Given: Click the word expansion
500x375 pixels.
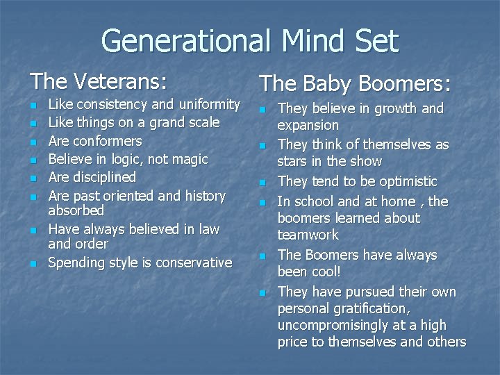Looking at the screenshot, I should click(x=308, y=126).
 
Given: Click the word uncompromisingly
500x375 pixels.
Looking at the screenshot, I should click(x=333, y=325).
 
